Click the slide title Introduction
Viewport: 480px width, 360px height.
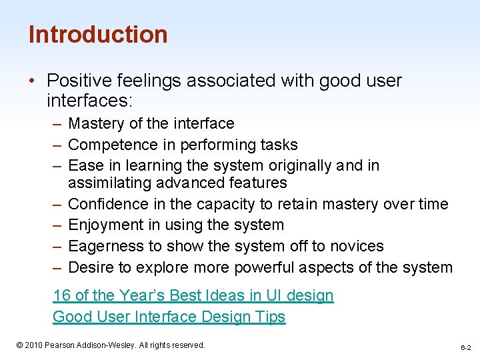coord(98,35)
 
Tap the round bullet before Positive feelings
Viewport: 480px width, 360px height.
coord(33,81)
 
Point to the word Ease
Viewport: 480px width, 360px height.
coord(84,165)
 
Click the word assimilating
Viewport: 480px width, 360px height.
coord(110,183)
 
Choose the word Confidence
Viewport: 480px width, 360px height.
coord(109,204)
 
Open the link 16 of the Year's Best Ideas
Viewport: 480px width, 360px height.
coord(193,295)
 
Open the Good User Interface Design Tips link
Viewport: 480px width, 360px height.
coord(169,317)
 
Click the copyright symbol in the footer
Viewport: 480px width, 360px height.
coord(20,345)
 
